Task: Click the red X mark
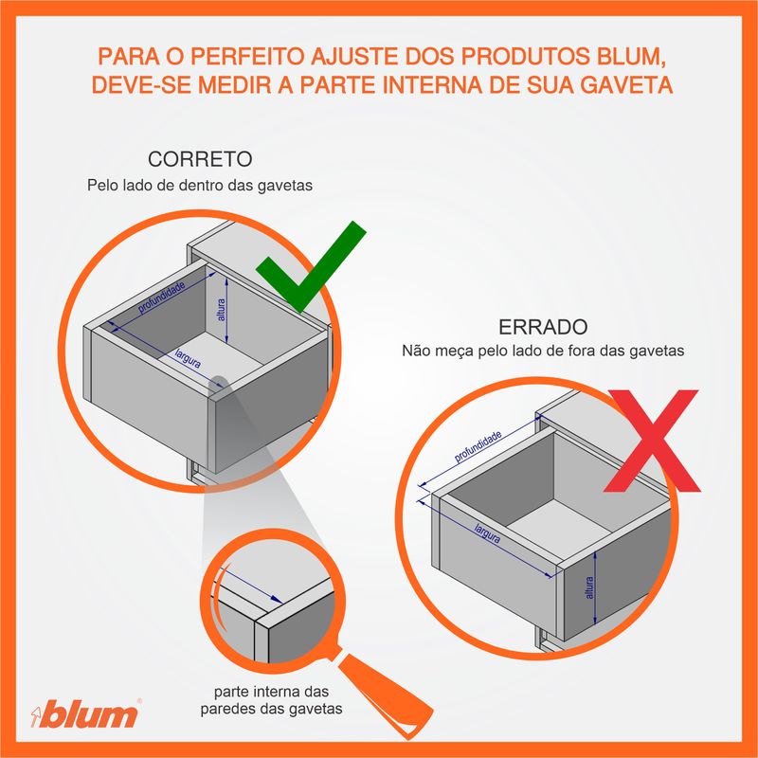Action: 653,440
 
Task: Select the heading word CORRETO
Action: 200,159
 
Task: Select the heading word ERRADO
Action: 543,327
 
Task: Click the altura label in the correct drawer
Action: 222,310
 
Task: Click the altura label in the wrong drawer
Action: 588,587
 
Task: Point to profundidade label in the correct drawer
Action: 161,298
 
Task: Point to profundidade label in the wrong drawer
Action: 478,446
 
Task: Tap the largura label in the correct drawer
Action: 188,358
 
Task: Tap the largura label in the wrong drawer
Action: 487,533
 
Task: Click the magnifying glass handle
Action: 385,693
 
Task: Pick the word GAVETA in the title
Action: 626,84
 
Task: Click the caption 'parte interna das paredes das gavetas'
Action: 271,700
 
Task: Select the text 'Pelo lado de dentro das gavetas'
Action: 200,185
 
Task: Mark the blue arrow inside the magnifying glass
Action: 253,586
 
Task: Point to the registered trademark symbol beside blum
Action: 139,700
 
